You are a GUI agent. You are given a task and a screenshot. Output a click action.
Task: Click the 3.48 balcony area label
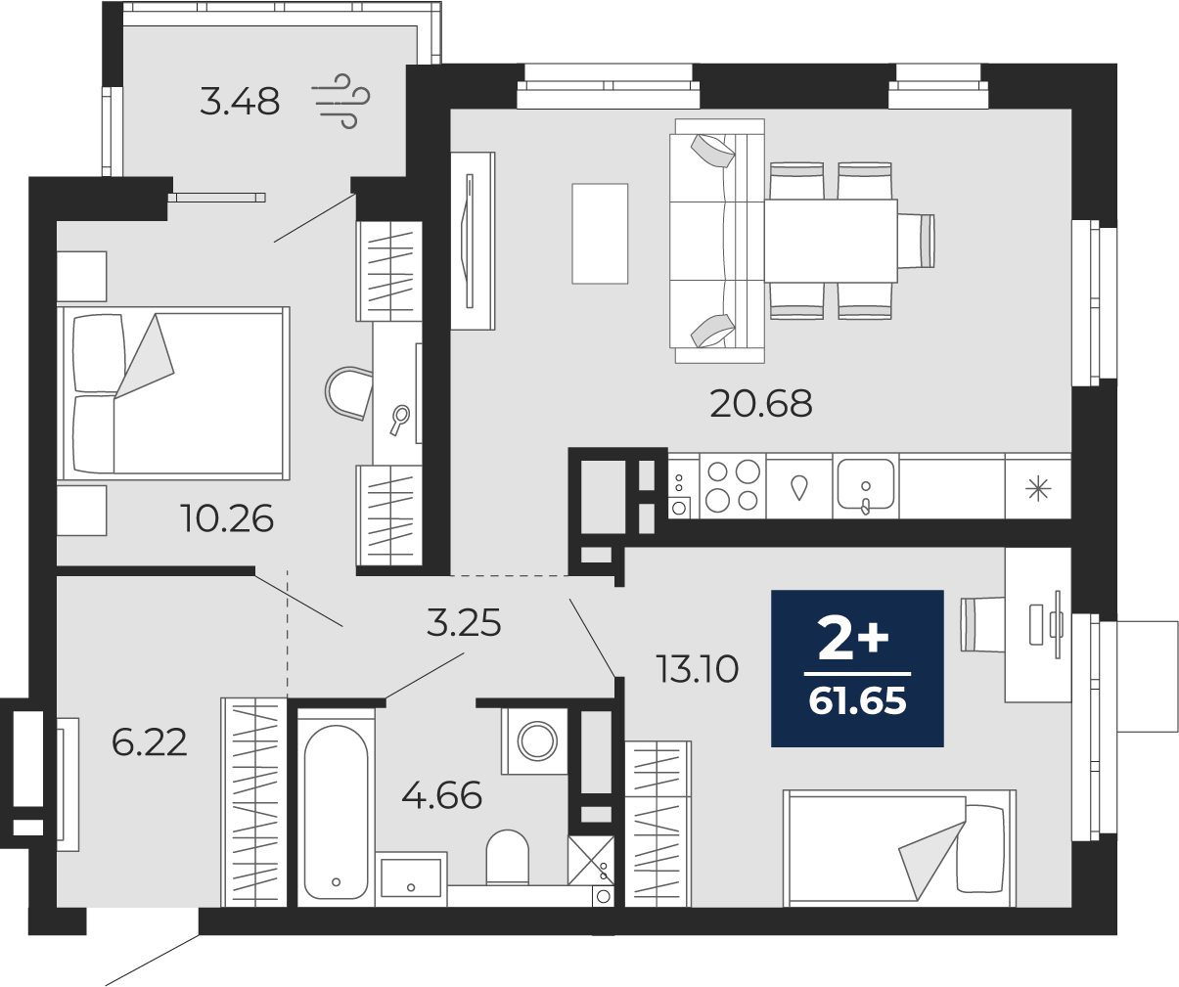click(x=240, y=102)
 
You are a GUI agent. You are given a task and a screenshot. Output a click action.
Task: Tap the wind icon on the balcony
click(x=341, y=101)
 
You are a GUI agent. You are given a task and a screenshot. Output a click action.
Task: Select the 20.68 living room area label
click(x=760, y=404)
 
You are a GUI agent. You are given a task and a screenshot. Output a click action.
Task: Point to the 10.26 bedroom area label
click(x=227, y=518)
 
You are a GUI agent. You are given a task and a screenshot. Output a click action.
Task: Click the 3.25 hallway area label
click(x=464, y=623)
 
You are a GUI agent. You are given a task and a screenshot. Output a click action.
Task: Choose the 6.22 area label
click(x=149, y=742)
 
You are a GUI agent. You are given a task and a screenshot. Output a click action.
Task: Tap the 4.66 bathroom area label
click(x=441, y=794)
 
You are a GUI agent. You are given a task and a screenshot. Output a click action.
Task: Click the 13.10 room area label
click(x=698, y=669)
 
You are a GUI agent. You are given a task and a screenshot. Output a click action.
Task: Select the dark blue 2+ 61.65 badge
click(x=857, y=668)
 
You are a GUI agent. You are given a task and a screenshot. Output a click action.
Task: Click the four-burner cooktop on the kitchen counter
click(x=733, y=485)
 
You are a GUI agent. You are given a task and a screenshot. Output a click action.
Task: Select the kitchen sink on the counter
click(x=866, y=485)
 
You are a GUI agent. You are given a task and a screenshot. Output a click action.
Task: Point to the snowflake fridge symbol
click(x=1038, y=489)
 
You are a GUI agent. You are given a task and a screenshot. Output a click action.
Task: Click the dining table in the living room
click(x=832, y=241)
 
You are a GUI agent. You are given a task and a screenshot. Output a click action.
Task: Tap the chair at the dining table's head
click(x=917, y=241)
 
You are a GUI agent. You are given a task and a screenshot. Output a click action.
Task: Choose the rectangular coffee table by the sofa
click(x=600, y=233)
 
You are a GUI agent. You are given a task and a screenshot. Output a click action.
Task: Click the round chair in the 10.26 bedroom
click(x=347, y=393)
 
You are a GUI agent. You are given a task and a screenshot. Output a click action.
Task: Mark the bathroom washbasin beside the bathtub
click(x=411, y=877)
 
